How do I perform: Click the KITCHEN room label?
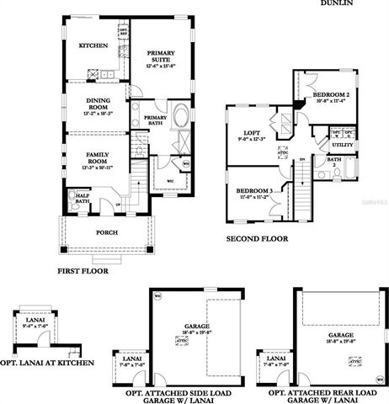[x=93, y=45]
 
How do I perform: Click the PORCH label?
[x=107, y=232]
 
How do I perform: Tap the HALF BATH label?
[x=83, y=199]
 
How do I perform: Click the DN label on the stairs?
[x=301, y=159]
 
